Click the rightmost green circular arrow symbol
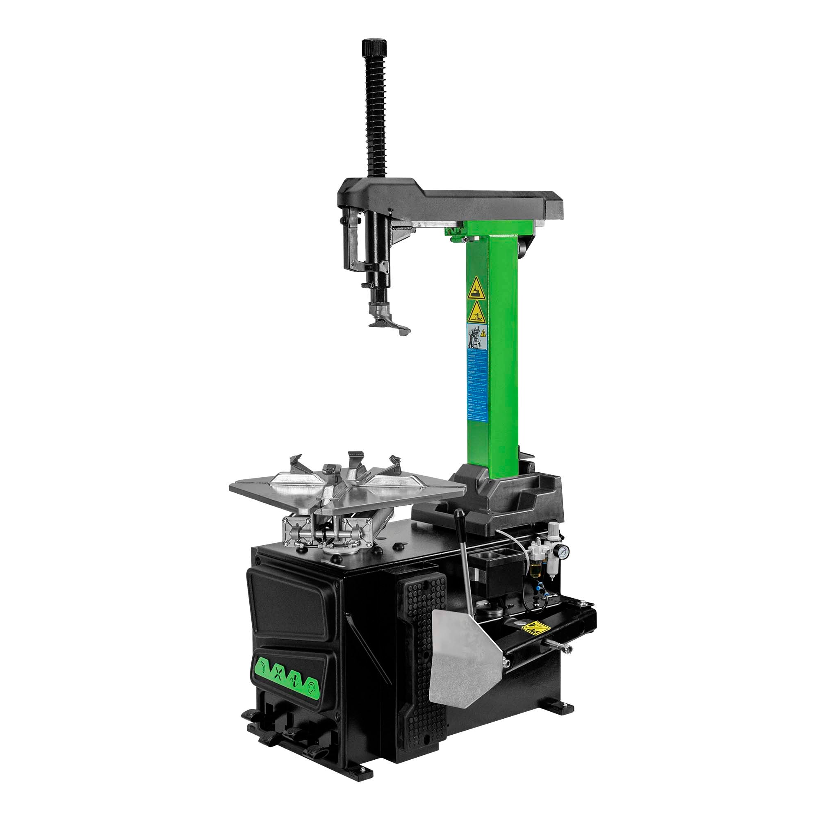[x=313, y=687]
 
